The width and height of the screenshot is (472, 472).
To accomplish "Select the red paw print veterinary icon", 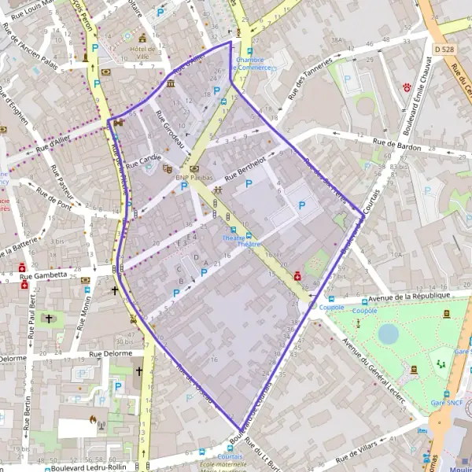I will pos(407,84).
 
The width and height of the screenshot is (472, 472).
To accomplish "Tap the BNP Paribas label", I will pos(194,179).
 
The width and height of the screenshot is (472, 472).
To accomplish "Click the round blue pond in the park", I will pos(388,334).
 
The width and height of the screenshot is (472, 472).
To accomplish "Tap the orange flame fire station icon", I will pos(94,421).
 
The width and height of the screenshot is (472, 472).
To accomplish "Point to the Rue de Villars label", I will pos(358,454).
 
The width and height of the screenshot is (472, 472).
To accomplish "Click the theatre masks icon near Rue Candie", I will pos(167,168).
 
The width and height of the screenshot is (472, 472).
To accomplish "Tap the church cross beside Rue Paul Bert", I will pos(50,319).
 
